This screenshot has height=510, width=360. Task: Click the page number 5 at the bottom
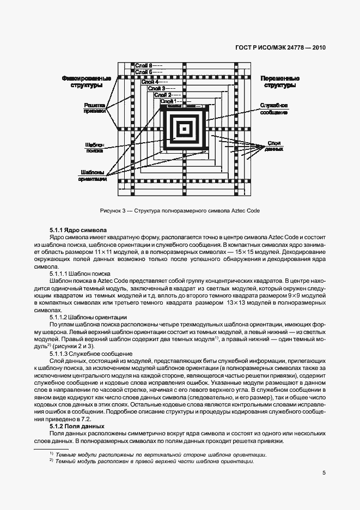coord(324,472)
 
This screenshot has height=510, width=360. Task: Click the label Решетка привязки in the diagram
coord(94,108)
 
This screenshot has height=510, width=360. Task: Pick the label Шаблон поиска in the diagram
coord(94,148)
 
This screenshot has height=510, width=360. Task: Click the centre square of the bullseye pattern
coord(184,129)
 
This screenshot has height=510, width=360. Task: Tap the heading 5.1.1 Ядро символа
coord(78,230)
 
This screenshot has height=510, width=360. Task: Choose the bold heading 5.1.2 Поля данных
coord(77,426)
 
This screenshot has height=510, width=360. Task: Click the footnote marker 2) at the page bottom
coord(51,461)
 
